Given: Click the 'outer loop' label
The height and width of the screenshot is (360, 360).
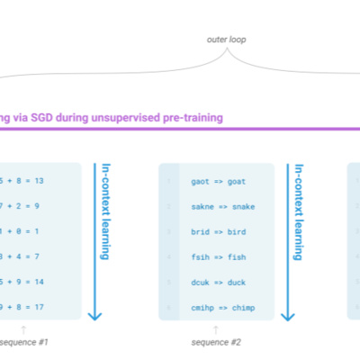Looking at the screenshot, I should pos(226,40).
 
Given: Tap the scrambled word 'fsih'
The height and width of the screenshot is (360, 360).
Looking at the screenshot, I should pos(201,257).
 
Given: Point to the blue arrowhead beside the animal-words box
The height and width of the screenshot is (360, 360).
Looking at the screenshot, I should pos(288,316).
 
